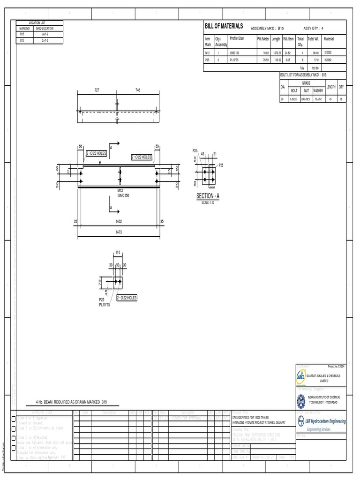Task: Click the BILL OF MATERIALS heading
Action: pyautogui.click(x=224, y=26)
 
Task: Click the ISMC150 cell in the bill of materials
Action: pyautogui.click(x=234, y=53)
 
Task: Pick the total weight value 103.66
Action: pyautogui.click(x=315, y=68)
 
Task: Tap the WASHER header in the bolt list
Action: pyautogui.click(x=318, y=90)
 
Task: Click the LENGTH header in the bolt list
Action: pyautogui.click(x=331, y=87)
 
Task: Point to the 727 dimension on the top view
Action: pyautogui.click(x=97, y=89)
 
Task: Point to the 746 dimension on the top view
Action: pyautogui.click(x=138, y=89)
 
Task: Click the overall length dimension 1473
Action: pyautogui.click(x=121, y=232)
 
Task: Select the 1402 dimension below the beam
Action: pyautogui.click(x=121, y=221)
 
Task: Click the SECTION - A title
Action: pyautogui.click(x=208, y=196)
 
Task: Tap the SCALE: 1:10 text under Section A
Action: pyautogui.click(x=208, y=202)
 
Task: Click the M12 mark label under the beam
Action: pyautogui.click(x=120, y=191)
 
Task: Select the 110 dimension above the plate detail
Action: pyautogui.click(x=118, y=252)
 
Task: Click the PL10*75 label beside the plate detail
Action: pyautogui.click(x=104, y=305)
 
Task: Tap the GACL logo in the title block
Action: pyautogui.click(x=301, y=376)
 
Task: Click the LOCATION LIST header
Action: pyautogui.click(x=40, y=22)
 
